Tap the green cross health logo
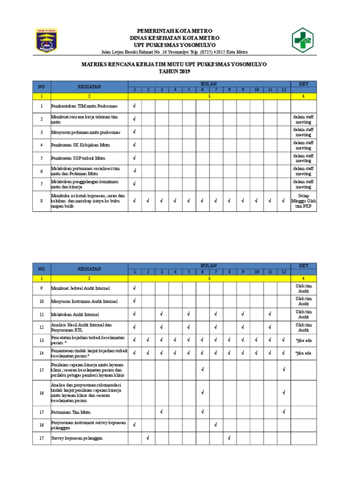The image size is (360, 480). [x=304, y=40]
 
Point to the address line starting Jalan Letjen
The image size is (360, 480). [x=174, y=52]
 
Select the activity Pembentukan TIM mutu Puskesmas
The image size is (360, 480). [x=84, y=106]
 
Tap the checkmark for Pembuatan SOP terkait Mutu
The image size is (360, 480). [x=135, y=158]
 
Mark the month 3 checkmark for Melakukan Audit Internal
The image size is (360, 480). [x=161, y=314]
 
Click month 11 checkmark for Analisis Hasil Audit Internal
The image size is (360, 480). [x=270, y=327]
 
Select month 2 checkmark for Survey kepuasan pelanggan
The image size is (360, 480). [x=148, y=438]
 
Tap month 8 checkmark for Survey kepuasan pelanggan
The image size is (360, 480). [x=229, y=438]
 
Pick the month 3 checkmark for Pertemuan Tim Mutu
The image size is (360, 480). [x=161, y=412]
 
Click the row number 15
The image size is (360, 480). [x=41, y=370]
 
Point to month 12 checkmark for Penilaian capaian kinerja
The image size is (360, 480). [x=283, y=370]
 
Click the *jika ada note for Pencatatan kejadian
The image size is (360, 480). [x=303, y=340]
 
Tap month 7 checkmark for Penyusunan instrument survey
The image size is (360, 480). [x=215, y=425]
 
